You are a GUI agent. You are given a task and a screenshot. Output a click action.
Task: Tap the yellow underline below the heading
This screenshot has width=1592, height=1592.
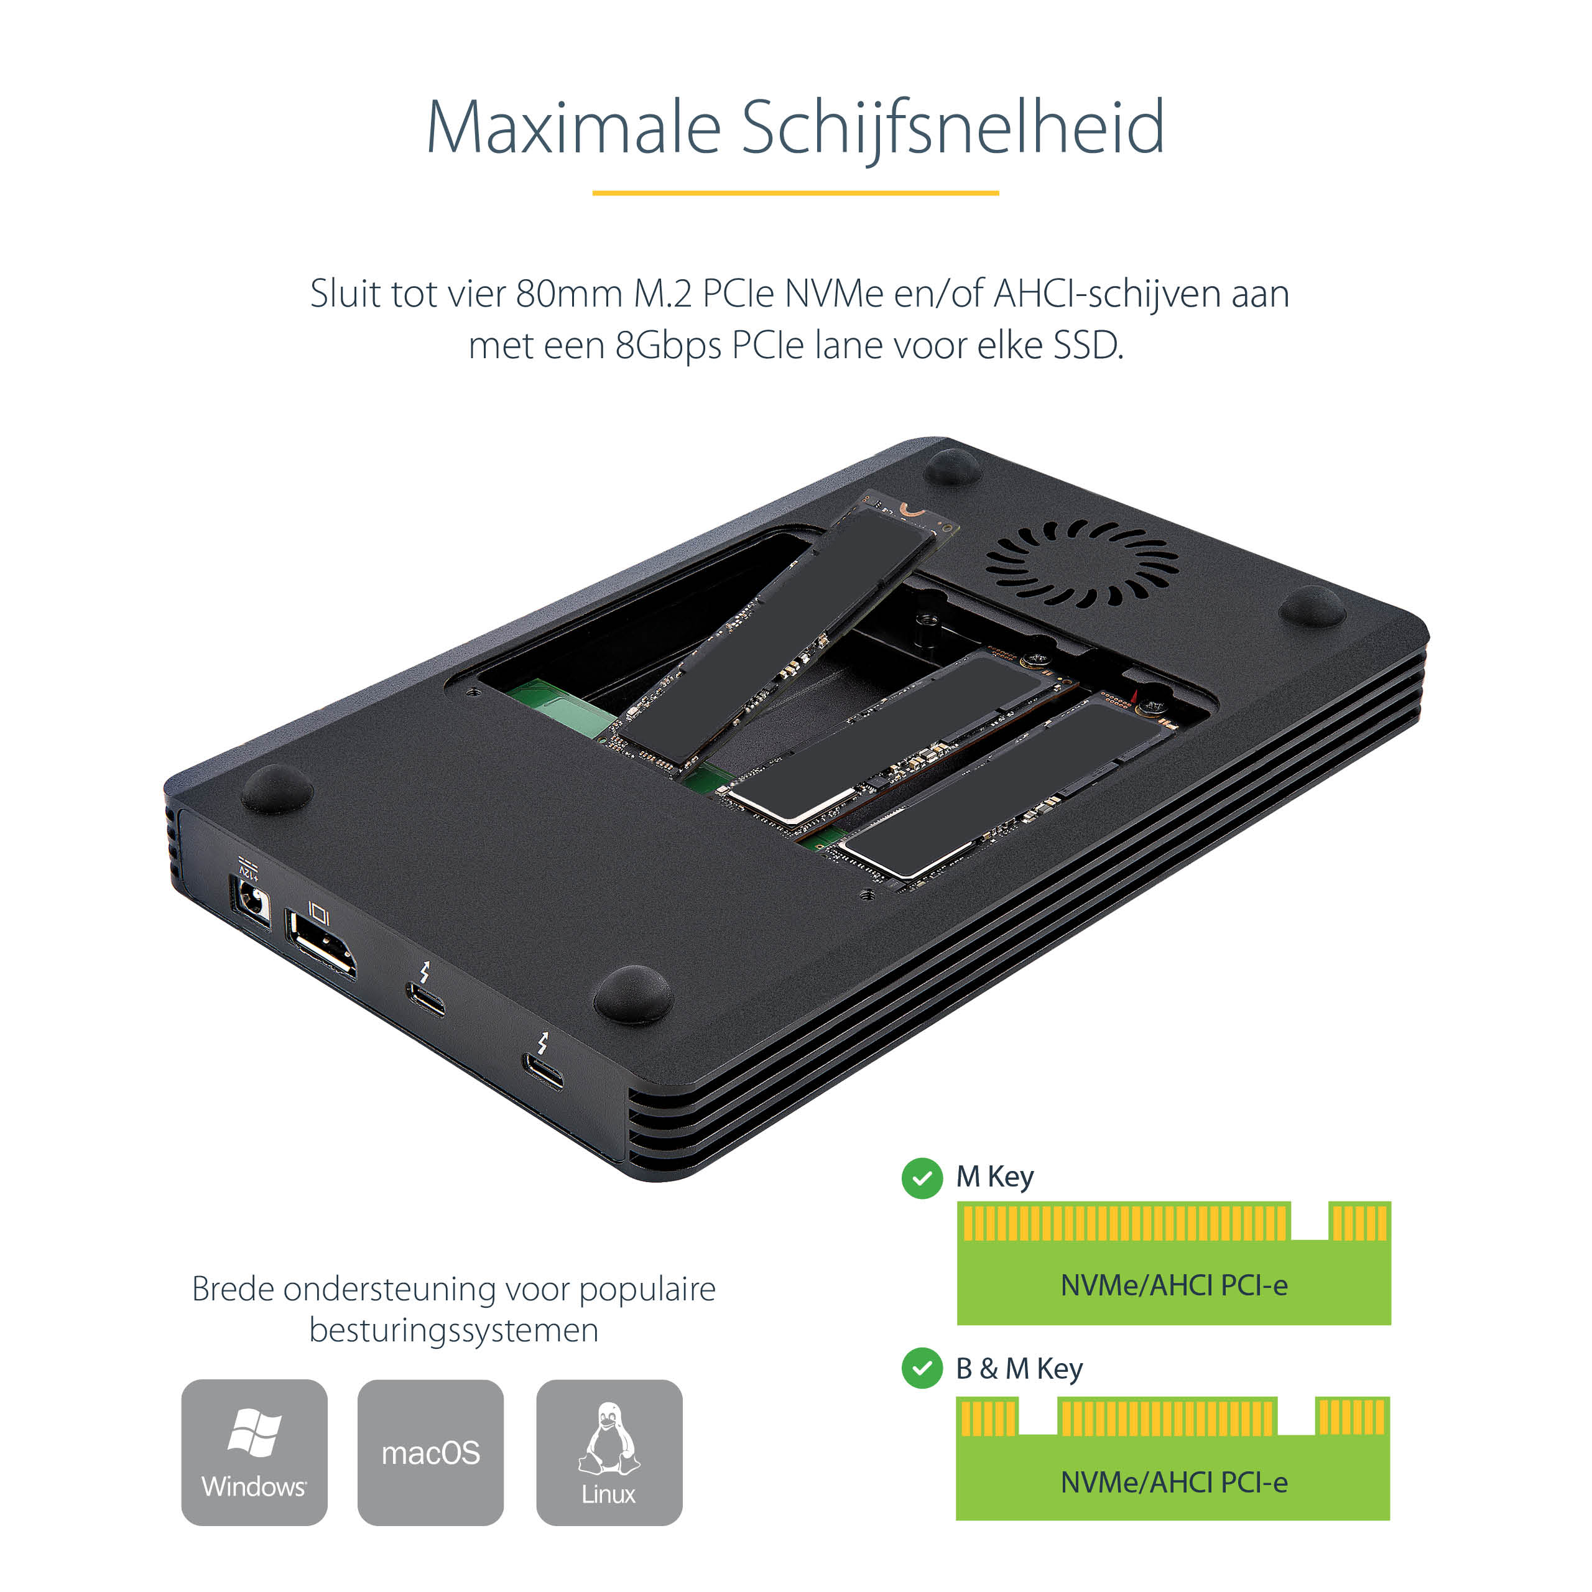(795, 193)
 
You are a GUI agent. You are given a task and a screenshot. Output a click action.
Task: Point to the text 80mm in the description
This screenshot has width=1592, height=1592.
(568, 294)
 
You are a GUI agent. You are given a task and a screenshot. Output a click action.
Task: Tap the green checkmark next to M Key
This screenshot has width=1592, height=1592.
(922, 1178)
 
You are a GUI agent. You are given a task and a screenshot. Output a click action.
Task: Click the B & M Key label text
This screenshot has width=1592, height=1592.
(1019, 1369)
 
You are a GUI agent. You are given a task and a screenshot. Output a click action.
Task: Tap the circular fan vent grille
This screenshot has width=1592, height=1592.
(1082, 563)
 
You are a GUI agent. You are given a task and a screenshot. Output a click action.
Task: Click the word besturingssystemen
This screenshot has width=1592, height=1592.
(454, 1330)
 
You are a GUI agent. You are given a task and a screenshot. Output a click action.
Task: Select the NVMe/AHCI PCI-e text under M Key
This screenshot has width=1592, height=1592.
(1173, 1285)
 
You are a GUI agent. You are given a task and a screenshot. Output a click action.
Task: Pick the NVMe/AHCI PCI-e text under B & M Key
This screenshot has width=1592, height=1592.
(1173, 1483)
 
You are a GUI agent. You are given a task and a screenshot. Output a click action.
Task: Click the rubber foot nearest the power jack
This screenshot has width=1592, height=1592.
(277, 789)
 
